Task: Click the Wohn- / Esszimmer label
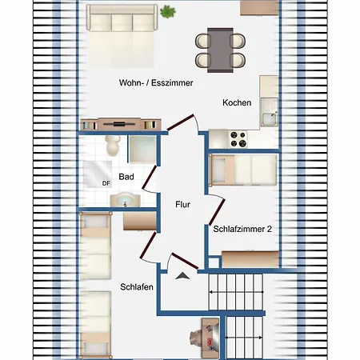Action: (156, 82)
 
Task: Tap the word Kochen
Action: (237, 102)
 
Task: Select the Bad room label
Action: (126, 177)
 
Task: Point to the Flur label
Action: (182, 205)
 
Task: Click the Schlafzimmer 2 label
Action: (242, 229)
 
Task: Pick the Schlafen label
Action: (137, 287)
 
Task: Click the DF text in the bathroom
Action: (106, 183)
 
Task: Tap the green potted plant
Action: (168, 12)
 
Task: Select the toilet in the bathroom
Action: (113, 146)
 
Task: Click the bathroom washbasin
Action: (125, 200)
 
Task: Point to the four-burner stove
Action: (238, 139)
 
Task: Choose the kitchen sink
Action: (270, 112)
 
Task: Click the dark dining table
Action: (220, 50)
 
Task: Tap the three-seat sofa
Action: (122, 18)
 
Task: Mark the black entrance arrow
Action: (182, 276)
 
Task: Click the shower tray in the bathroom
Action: (142, 150)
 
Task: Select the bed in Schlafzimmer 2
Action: (243, 170)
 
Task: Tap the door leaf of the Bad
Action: (149, 177)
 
